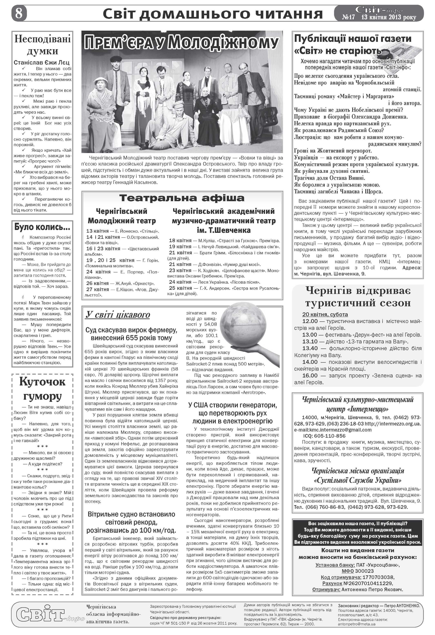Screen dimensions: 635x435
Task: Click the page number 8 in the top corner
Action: pos(19,13)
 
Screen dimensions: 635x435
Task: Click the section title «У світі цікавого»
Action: pos(118,314)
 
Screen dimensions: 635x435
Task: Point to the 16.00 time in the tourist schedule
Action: pos(310,376)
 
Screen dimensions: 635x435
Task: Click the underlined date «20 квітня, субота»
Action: pos(325,314)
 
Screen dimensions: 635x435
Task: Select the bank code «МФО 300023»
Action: pos(358,571)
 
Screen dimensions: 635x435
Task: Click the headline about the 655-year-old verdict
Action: pos(131,334)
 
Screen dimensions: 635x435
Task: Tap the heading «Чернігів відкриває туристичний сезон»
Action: pos(358,297)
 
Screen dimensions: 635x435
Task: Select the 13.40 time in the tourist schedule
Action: pos(310,348)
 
